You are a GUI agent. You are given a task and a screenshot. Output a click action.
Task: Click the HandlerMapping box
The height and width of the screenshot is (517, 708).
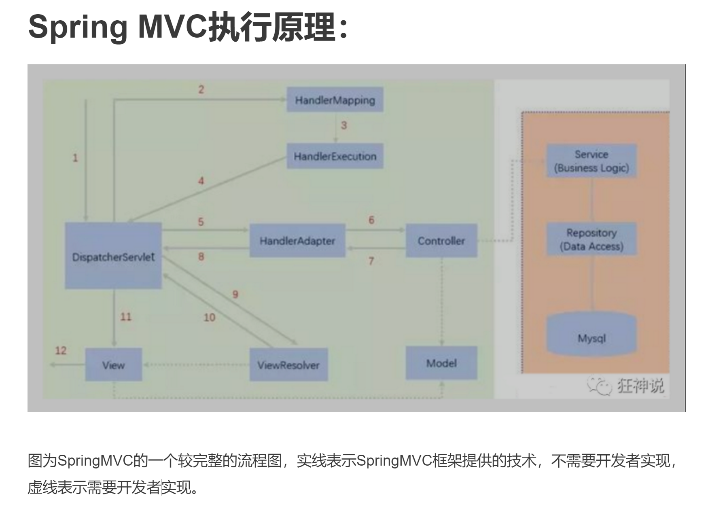tap(335, 100)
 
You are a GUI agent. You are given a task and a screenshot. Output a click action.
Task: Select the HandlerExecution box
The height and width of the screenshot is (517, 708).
tap(335, 156)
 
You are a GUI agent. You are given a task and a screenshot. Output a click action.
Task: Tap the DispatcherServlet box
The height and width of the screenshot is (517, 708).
tap(113, 256)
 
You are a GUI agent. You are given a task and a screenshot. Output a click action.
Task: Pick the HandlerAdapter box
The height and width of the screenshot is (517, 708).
tap(297, 241)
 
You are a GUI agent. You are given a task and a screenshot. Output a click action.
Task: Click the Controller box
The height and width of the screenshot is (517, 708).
tap(441, 241)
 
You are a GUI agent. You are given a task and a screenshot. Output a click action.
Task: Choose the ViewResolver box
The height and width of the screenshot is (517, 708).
tap(288, 365)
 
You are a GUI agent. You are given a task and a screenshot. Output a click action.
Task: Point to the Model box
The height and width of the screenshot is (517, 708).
tap(441, 363)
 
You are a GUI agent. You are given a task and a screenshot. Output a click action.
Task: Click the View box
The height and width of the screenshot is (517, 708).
tap(113, 365)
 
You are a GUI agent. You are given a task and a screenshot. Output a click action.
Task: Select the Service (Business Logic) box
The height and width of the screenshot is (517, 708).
tap(591, 161)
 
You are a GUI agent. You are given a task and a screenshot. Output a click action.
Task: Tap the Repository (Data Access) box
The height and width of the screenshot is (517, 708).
tap(591, 239)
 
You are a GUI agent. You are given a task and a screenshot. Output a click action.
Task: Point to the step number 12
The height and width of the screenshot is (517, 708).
tap(61, 350)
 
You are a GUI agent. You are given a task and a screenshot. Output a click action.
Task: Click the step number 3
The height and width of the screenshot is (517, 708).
tap(344, 125)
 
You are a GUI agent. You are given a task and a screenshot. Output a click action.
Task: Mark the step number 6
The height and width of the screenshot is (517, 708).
tap(371, 220)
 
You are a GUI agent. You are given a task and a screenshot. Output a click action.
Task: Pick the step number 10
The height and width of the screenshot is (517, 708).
tap(209, 318)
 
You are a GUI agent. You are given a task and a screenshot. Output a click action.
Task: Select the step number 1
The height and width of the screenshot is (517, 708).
tap(75, 158)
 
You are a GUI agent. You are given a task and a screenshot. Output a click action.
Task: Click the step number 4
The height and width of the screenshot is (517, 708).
tap(201, 181)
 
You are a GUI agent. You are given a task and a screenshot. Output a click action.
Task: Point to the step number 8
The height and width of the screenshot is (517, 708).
tap(201, 256)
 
